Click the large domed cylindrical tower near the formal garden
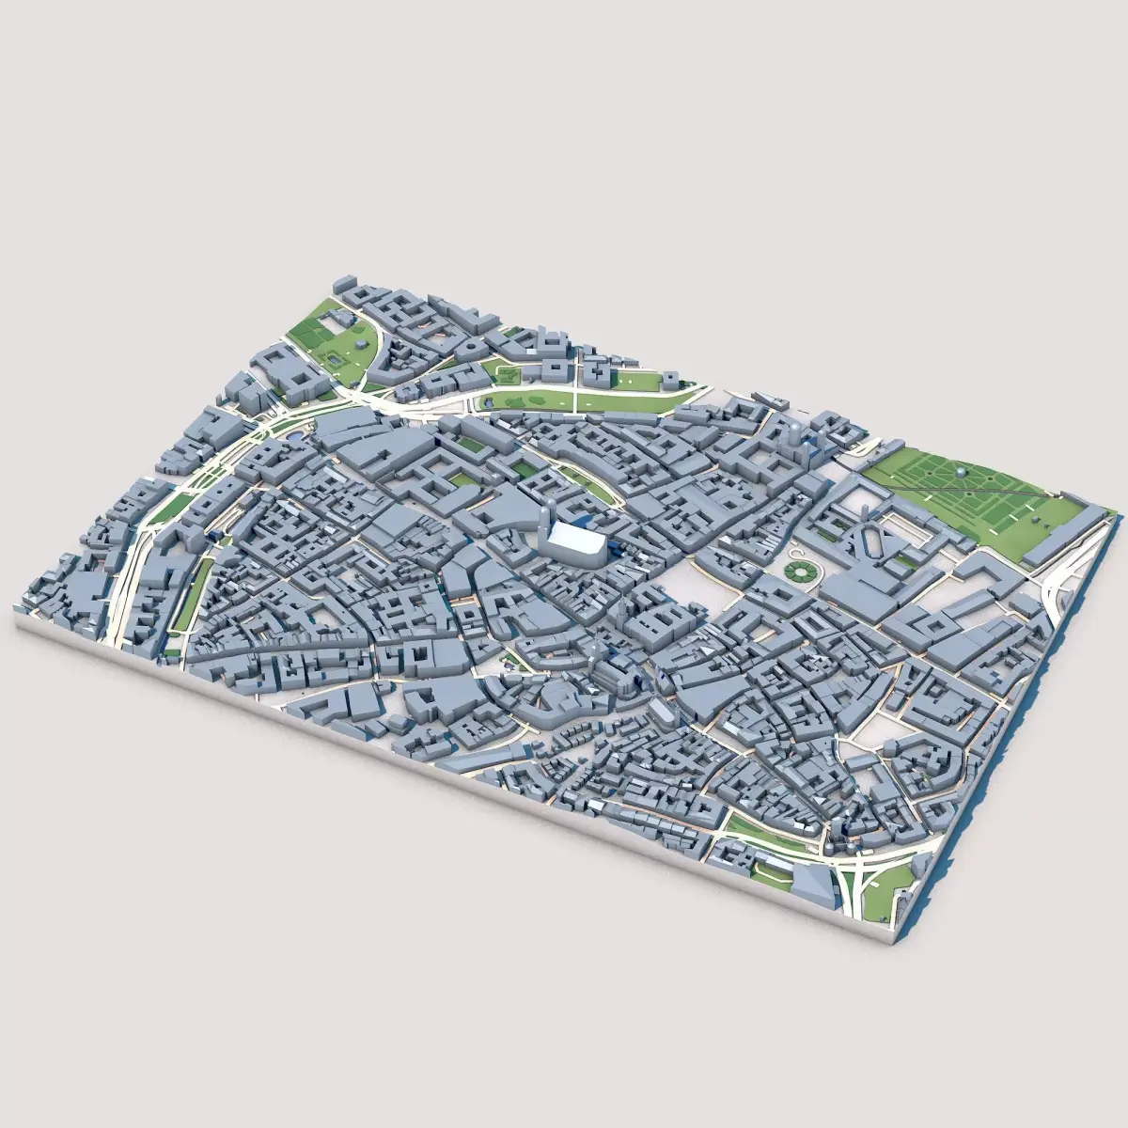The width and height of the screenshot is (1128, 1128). coord(795,438)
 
